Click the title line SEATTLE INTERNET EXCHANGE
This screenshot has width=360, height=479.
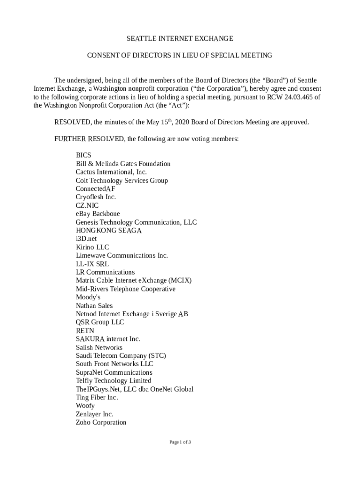point(180,38)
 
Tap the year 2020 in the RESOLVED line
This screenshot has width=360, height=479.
point(181,122)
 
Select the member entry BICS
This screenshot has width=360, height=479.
point(84,155)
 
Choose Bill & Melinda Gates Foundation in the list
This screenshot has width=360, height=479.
point(123,164)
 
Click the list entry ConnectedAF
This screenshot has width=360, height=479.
point(95,189)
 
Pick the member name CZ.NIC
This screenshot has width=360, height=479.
point(87,205)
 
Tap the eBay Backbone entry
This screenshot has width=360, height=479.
point(98,214)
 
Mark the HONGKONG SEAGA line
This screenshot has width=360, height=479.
point(108,230)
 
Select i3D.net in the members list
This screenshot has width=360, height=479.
point(86,239)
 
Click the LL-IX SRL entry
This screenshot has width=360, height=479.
point(92,264)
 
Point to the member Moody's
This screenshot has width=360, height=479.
point(88,297)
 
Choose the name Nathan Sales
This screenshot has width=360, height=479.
point(94,305)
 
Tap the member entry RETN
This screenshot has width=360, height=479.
point(85,331)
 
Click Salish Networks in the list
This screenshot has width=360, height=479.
point(99,347)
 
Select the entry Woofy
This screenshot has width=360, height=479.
point(85,406)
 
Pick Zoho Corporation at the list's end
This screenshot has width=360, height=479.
point(101,422)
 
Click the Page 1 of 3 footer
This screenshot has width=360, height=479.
point(180,442)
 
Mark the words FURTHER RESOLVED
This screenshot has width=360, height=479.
point(89,139)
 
